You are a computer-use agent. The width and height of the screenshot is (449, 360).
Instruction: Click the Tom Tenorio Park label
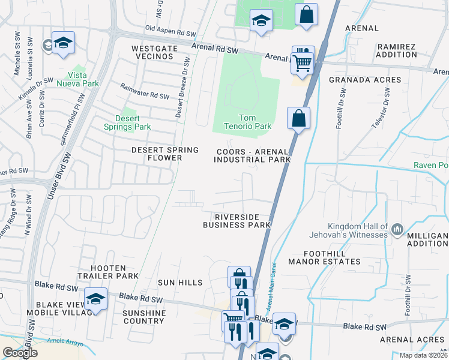pyautogui.click(x=256, y=122)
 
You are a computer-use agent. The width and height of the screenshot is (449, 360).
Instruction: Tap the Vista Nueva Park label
pyautogui.click(x=83, y=79)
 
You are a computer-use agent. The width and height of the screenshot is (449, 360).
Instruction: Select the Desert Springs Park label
pyautogui.click(x=133, y=122)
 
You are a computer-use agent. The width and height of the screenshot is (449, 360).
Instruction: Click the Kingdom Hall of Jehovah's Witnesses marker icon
pyautogui.click(x=397, y=229)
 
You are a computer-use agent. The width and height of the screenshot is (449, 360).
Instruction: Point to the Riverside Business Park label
pyautogui.click(x=238, y=220)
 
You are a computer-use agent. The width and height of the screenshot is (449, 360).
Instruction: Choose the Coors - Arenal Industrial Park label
pyautogui.click(x=252, y=155)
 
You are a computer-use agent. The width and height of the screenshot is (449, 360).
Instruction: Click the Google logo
pyautogui.click(x=20, y=353)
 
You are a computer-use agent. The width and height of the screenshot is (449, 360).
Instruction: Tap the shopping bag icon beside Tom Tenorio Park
pyautogui.click(x=298, y=118)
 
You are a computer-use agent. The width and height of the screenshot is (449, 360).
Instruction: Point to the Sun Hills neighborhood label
pyautogui.click(x=180, y=282)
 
